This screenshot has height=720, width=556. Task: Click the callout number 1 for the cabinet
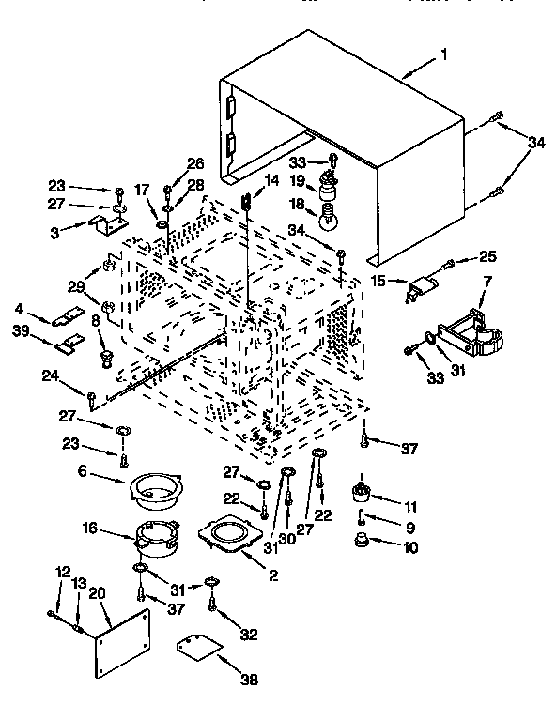click(443, 57)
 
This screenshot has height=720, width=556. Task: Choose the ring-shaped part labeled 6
click(156, 488)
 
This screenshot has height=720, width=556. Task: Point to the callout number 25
click(488, 255)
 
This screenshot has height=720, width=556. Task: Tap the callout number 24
click(50, 378)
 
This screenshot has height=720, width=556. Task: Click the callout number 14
click(272, 180)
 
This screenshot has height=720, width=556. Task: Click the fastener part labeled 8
click(105, 356)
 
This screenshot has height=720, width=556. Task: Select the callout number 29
click(76, 286)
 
